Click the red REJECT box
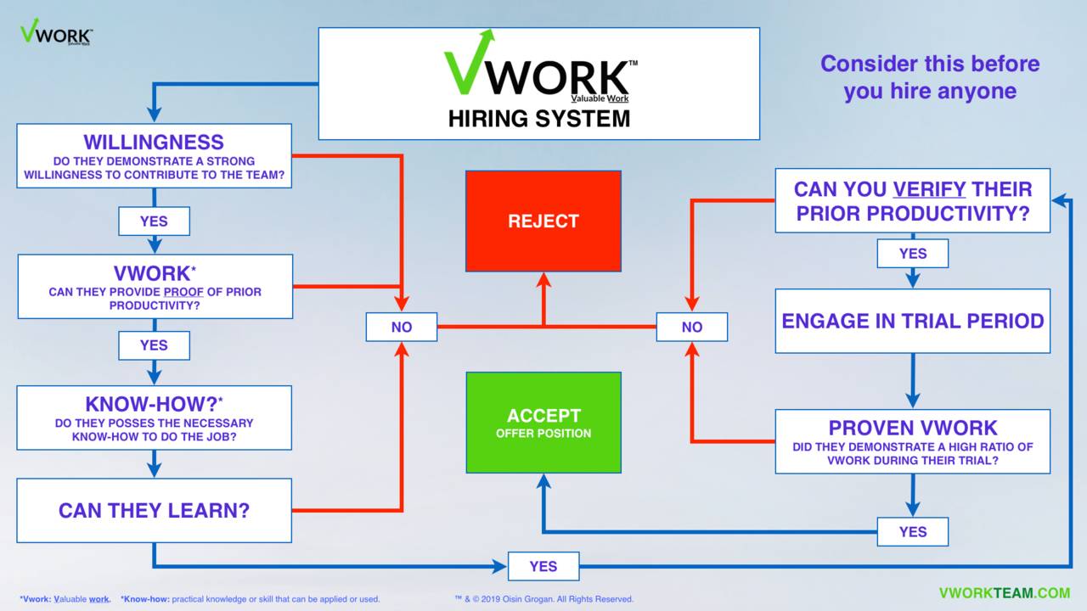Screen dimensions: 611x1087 [543, 221]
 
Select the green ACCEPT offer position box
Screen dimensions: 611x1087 [543, 422]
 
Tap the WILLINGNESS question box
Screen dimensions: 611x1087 [154, 156]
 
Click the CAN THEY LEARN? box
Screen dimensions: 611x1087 [154, 510]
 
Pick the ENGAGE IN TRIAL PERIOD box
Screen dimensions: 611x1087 [912, 321]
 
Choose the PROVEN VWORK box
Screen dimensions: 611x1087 [912, 441]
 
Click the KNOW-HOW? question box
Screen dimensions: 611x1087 [154, 418]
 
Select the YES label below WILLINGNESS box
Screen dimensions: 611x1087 [154, 221]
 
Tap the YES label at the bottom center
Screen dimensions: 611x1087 [543, 566]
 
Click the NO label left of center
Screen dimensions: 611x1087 [401, 327]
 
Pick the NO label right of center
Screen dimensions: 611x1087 [691, 327]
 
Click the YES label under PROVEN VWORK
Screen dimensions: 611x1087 [912, 532]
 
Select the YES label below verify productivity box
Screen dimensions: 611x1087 [912, 253]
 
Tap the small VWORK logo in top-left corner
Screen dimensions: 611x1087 [56, 33]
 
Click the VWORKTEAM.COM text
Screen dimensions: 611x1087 [1004, 593]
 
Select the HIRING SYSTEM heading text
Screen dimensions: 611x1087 [538, 119]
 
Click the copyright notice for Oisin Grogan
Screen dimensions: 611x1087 [544, 599]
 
